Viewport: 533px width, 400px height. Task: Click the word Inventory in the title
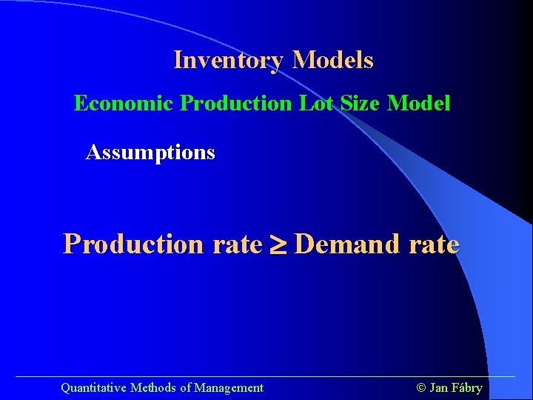point(229,60)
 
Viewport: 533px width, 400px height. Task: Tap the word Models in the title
point(333,60)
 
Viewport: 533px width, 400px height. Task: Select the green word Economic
point(124,103)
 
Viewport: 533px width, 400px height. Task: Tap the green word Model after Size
point(419,103)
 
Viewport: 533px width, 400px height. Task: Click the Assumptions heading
point(150,153)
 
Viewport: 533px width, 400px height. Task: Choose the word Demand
point(351,244)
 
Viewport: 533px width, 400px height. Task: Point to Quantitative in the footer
point(93,387)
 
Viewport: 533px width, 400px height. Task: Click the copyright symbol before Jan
point(421,387)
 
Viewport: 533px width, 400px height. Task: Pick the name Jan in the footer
point(438,387)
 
